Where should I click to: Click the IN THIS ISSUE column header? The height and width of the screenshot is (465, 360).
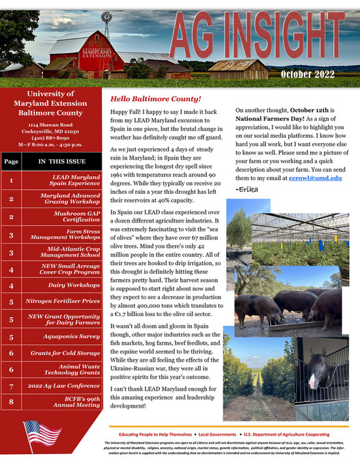point(61,162)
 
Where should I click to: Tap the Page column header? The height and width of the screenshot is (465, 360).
point(11,162)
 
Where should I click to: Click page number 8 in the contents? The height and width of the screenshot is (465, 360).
point(11,403)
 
